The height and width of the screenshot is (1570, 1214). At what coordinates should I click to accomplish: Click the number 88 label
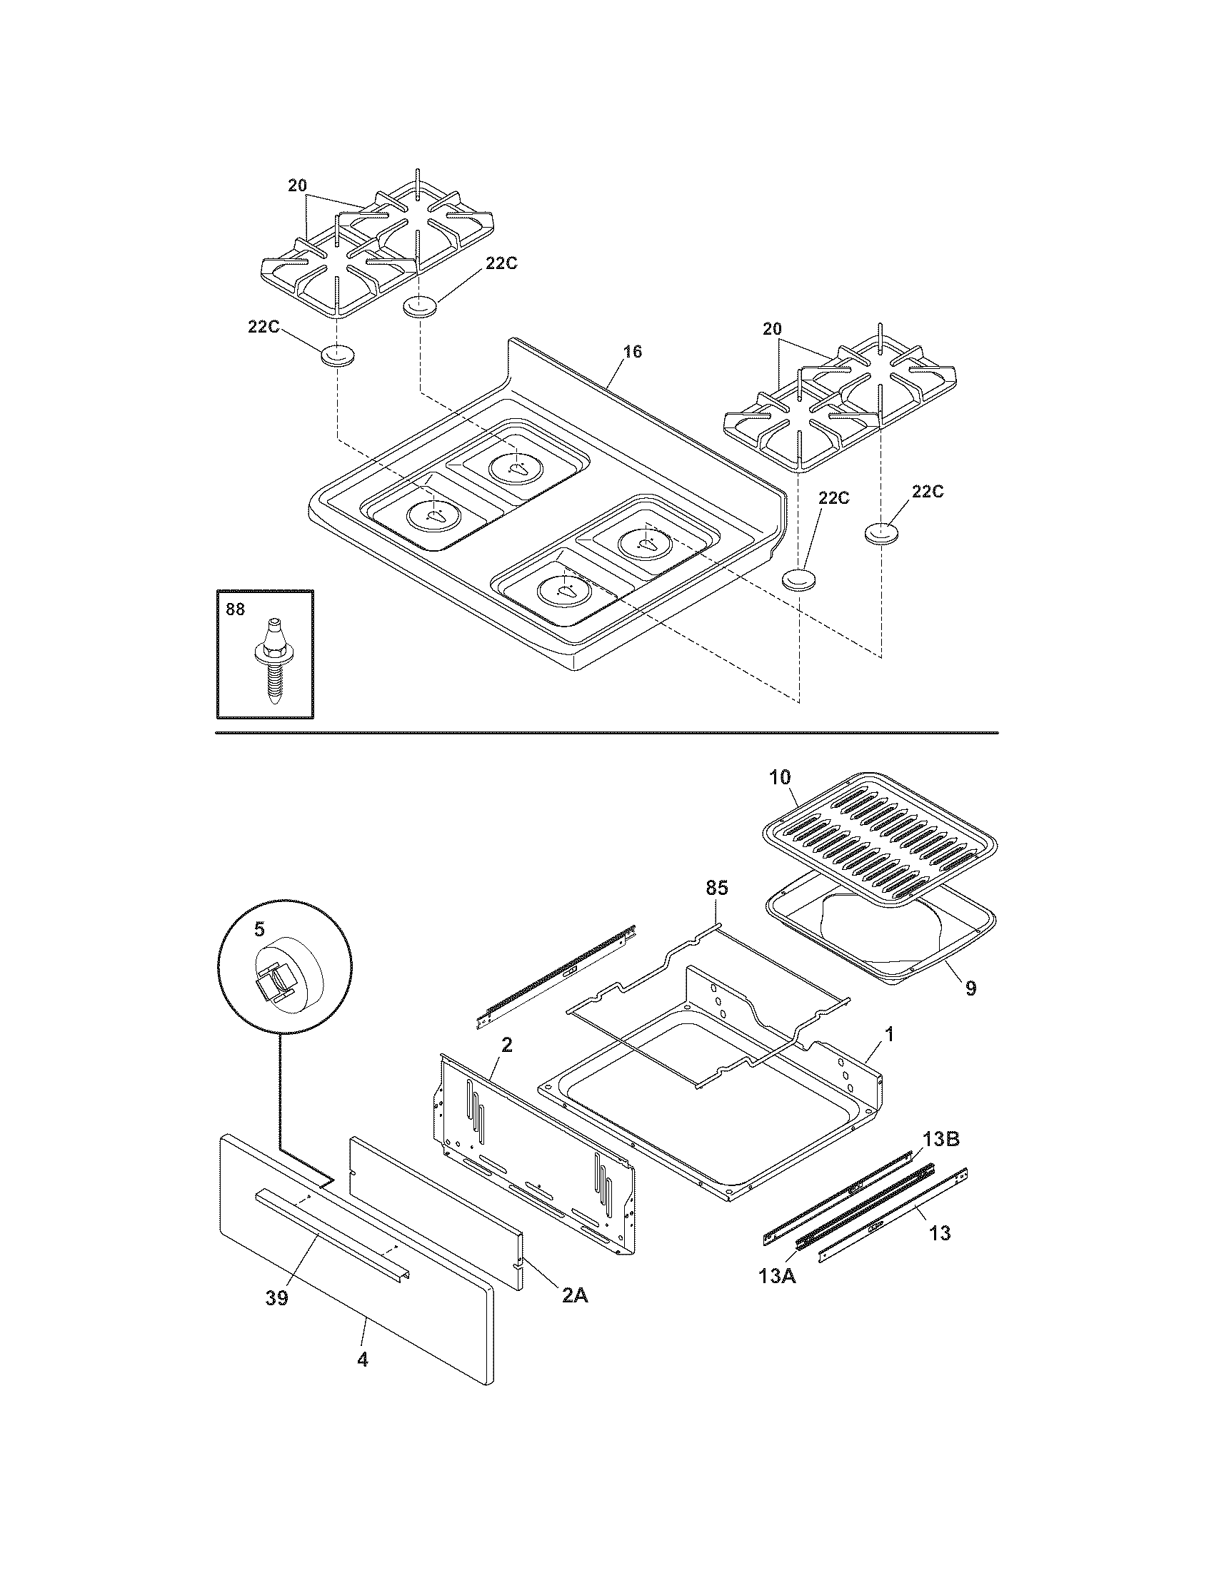tap(235, 609)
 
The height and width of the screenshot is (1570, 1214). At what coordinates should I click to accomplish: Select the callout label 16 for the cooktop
tap(632, 352)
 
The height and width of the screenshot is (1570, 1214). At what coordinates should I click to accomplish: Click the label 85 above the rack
tap(716, 888)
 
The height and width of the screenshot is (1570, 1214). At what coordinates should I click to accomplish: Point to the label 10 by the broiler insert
tap(780, 777)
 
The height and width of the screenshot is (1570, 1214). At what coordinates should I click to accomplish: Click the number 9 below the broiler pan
tap(970, 988)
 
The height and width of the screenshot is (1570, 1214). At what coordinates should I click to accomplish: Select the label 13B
tap(941, 1139)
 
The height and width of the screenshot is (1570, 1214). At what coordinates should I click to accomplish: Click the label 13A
tap(776, 1276)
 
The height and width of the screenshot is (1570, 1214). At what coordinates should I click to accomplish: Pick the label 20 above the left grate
tap(297, 186)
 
